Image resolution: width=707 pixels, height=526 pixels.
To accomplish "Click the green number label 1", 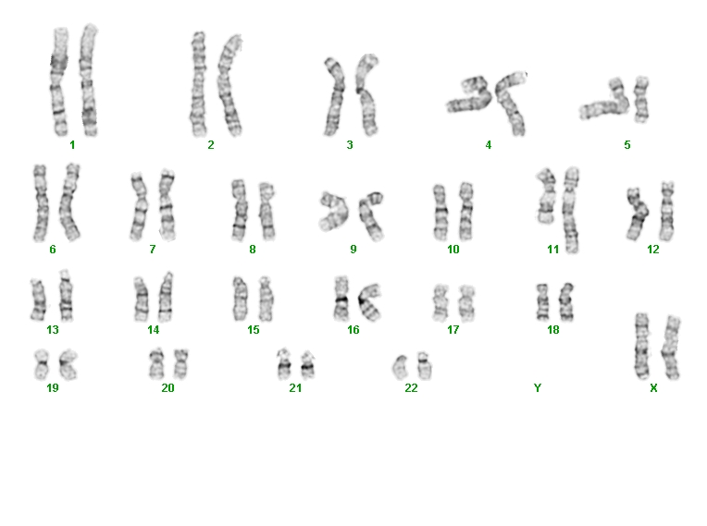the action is pyautogui.click(x=72, y=145).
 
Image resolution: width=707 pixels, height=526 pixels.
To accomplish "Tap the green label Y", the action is pyautogui.click(x=537, y=387).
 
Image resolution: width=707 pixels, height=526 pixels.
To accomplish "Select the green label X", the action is pyautogui.click(x=653, y=387).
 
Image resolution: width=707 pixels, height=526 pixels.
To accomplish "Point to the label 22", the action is pyautogui.click(x=411, y=387).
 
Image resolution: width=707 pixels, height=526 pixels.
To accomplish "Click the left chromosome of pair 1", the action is pyautogui.click(x=59, y=81).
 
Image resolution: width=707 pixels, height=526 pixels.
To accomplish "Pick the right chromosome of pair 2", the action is pyautogui.click(x=229, y=86).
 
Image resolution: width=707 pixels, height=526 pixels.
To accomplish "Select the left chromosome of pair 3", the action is pyautogui.click(x=334, y=97).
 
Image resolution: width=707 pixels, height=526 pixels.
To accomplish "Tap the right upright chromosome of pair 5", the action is pyautogui.click(x=640, y=99).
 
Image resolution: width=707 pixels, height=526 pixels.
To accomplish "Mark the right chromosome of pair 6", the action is pyautogui.click(x=69, y=202).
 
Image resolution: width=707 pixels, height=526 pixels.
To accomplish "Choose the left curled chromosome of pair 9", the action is pyautogui.click(x=335, y=211).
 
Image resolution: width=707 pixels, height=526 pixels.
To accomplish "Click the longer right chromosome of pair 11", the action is pyautogui.click(x=570, y=210).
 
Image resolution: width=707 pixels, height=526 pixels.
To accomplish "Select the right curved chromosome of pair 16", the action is pyautogui.click(x=370, y=302).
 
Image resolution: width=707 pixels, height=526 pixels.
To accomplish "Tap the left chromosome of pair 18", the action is pyautogui.click(x=542, y=301).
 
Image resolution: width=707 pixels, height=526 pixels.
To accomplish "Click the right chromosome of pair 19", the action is pyautogui.click(x=68, y=364).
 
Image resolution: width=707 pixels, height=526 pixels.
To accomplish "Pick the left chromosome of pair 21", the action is pyautogui.click(x=284, y=364).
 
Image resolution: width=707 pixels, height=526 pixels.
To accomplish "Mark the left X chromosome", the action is pyautogui.click(x=641, y=346).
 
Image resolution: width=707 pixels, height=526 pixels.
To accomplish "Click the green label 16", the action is pyautogui.click(x=353, y=330).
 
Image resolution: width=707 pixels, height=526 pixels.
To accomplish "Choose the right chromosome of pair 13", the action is pyautogui.click(x=66, y=296).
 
